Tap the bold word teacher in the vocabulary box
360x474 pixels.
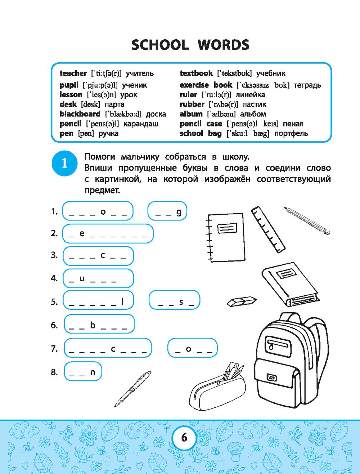(73, 73)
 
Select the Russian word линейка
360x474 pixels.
(250, 95)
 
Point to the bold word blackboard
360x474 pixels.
(80, 114)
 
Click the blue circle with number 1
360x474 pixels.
(64, 164)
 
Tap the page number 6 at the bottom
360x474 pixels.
(184, 437)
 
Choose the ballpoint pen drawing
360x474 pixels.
(132, 389)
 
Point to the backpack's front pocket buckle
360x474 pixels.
(271, 377)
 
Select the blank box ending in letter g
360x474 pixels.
(167, 211)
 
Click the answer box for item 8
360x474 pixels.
(83, 372)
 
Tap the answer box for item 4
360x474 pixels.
(98, 278)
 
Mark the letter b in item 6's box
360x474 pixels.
(93, 325)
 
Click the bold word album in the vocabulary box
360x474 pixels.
(191, 114)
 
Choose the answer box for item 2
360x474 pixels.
(108, 233)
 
